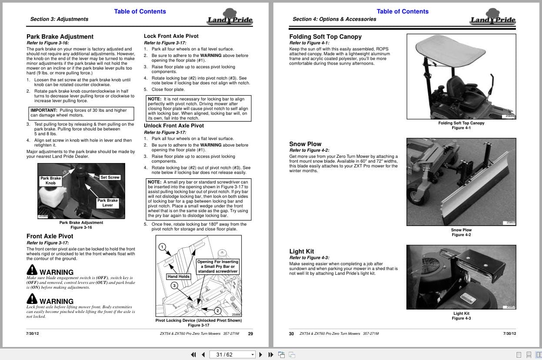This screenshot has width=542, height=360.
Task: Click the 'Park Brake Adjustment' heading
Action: tap(60, 37)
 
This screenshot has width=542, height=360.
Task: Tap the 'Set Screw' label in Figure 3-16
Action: tap(110, 177)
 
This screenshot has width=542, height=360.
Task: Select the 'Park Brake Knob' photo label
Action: tap(50, 181)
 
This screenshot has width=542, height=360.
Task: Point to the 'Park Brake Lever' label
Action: tap(107, 203)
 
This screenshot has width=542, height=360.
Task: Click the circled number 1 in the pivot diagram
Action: tap(162, 247)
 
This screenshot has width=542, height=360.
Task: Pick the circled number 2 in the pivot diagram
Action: tap(218, 310)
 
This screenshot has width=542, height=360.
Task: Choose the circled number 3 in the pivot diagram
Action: tap(174, 286)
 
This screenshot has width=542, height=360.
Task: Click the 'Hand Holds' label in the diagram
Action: tap(179, 277)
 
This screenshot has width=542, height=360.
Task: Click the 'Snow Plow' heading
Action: tap(305, 144)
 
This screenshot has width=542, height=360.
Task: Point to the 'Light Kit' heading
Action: tap(302, 252)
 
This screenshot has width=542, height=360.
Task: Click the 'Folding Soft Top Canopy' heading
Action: tap(326, 37)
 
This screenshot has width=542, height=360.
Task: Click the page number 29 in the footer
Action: tap(250, 334)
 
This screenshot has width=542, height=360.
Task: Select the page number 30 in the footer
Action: tap(291, 334)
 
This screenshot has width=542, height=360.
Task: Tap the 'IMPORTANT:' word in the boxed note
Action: tap(44, 110)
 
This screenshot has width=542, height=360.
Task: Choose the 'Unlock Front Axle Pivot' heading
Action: tap(174, 126)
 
